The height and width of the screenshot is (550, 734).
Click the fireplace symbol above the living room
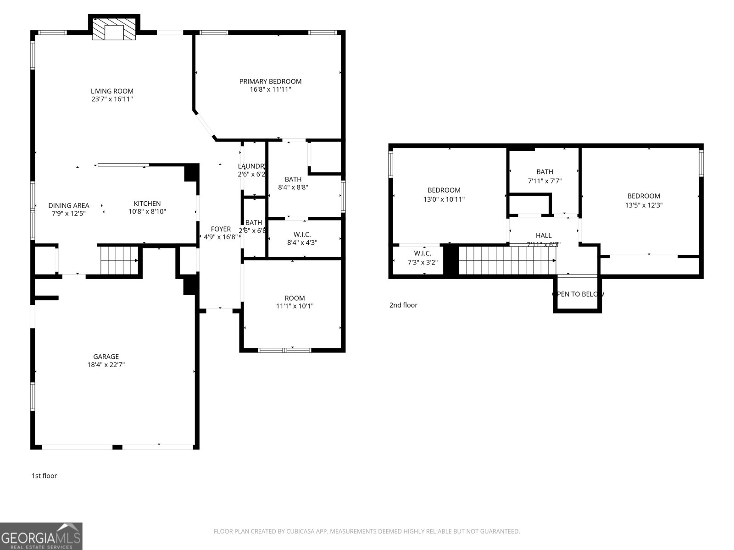114,29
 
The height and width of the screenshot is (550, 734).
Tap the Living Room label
112,91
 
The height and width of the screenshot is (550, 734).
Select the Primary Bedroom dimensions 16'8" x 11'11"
270,90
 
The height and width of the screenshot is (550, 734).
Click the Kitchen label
147,203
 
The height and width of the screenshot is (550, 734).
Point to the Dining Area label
69,206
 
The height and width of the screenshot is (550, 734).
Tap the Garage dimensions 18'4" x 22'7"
106,365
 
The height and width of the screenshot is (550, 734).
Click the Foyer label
221,229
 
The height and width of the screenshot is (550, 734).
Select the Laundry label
251,166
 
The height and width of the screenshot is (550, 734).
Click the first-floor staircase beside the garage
119,260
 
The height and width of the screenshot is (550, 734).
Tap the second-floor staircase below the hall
507,260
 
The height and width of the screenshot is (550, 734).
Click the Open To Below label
578,294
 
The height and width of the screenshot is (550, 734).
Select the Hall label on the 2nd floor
544,236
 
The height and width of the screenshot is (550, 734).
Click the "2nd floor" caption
403,305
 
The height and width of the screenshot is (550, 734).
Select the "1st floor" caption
44,476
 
